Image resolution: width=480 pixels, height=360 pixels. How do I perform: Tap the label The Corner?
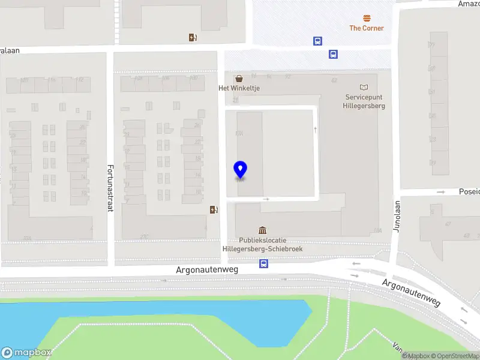[366, 28]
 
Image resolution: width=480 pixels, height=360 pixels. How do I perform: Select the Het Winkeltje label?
[239, 88]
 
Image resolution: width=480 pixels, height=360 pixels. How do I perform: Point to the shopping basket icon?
[239, 79]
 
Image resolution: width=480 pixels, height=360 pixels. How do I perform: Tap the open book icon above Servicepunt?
[364, 88]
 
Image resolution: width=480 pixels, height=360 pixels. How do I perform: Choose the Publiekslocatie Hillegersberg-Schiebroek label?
[263, 244]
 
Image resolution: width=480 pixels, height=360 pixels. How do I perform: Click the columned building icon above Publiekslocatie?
[262, 230]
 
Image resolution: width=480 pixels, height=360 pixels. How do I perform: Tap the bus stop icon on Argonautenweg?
[263, 263]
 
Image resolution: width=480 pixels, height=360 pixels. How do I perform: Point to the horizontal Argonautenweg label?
[207, 270]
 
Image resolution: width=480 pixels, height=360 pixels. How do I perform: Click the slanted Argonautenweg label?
[411, 292]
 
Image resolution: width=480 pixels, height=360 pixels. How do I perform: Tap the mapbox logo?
[26, 353]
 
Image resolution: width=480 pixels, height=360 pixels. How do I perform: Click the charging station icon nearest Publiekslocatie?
[213, 209]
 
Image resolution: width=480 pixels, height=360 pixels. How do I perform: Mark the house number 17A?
[239, 134]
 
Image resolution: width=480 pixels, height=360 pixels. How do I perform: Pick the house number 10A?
[377, 230]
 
